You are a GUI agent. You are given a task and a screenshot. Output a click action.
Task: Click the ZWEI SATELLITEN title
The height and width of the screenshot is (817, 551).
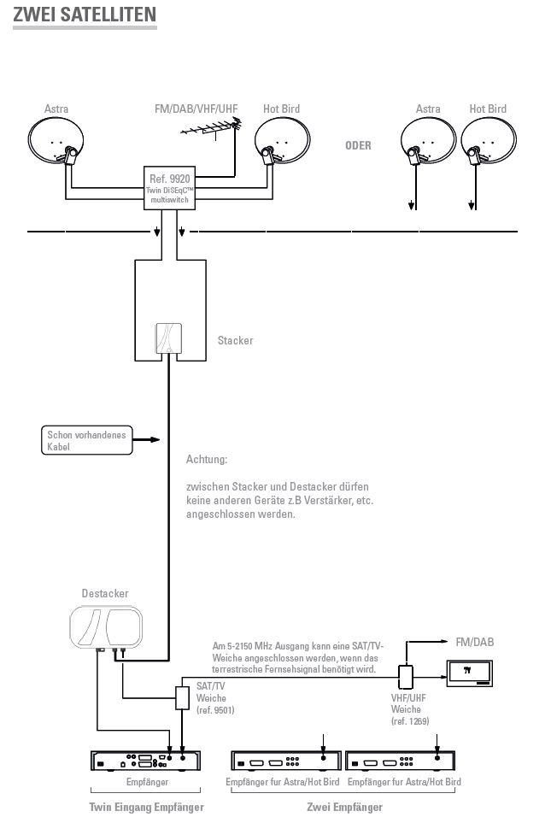coord(85,14)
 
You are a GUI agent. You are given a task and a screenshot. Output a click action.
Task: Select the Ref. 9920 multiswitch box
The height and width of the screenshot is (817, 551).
coord(169,188)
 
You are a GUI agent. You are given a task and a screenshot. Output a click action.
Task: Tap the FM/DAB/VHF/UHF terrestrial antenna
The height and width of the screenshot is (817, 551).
coord(212,127)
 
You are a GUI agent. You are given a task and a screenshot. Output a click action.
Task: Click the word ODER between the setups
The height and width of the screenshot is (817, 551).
coord(358,145)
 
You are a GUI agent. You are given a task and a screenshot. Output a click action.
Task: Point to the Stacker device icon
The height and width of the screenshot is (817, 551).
coord(169,338)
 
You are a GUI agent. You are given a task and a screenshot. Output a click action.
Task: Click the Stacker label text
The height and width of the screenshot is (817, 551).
coord(235,340)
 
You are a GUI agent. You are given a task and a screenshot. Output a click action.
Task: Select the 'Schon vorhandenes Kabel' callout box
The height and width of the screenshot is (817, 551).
coord(87,440)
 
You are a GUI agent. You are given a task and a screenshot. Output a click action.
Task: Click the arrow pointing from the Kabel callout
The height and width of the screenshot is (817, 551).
coord(146,440)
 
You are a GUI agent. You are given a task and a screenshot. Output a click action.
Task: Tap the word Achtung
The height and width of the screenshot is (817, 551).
coord(207,459)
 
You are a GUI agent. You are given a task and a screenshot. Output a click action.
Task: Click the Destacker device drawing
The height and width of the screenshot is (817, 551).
coord(106,627)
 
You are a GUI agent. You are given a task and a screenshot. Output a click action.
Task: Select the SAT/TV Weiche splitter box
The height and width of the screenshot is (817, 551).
coord(182,697)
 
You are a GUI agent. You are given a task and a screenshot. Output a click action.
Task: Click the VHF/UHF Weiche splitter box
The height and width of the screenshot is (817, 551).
coord(406,677)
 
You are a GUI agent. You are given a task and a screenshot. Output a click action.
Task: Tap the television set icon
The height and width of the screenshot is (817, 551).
coord(469,673)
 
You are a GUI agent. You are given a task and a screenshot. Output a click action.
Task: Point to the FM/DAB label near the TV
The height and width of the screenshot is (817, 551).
coord(474,642)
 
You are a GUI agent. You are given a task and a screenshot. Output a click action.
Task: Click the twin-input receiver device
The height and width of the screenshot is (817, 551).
coord(146,761)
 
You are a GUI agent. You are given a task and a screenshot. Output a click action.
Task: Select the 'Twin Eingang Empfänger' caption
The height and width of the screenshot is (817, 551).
coord(146,807)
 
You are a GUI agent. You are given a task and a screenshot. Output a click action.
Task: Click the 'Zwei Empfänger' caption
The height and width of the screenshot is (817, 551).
coord(344,807)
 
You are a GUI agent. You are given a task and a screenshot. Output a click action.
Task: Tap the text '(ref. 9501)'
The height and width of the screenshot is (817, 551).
coord(215,709)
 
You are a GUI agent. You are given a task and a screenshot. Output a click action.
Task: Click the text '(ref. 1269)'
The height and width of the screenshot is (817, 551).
coord(410,721)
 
